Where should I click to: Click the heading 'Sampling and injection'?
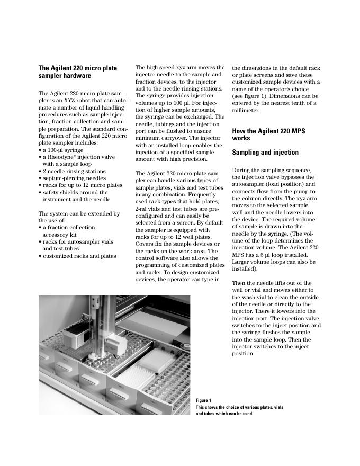(x=265, y=153)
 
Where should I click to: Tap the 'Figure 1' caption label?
(x=203, y=400)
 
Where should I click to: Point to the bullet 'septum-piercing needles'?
(x=74, y=178)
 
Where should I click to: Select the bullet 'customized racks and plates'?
(x=79, y=256)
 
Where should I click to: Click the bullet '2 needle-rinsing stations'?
(x=75, y=172)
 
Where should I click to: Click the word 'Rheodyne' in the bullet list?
(x=62, y=157)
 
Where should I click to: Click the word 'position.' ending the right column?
(x=244, y=354)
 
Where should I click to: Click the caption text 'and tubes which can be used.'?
(x=224, y=414)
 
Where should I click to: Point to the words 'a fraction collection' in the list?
(x=69, y=228)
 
